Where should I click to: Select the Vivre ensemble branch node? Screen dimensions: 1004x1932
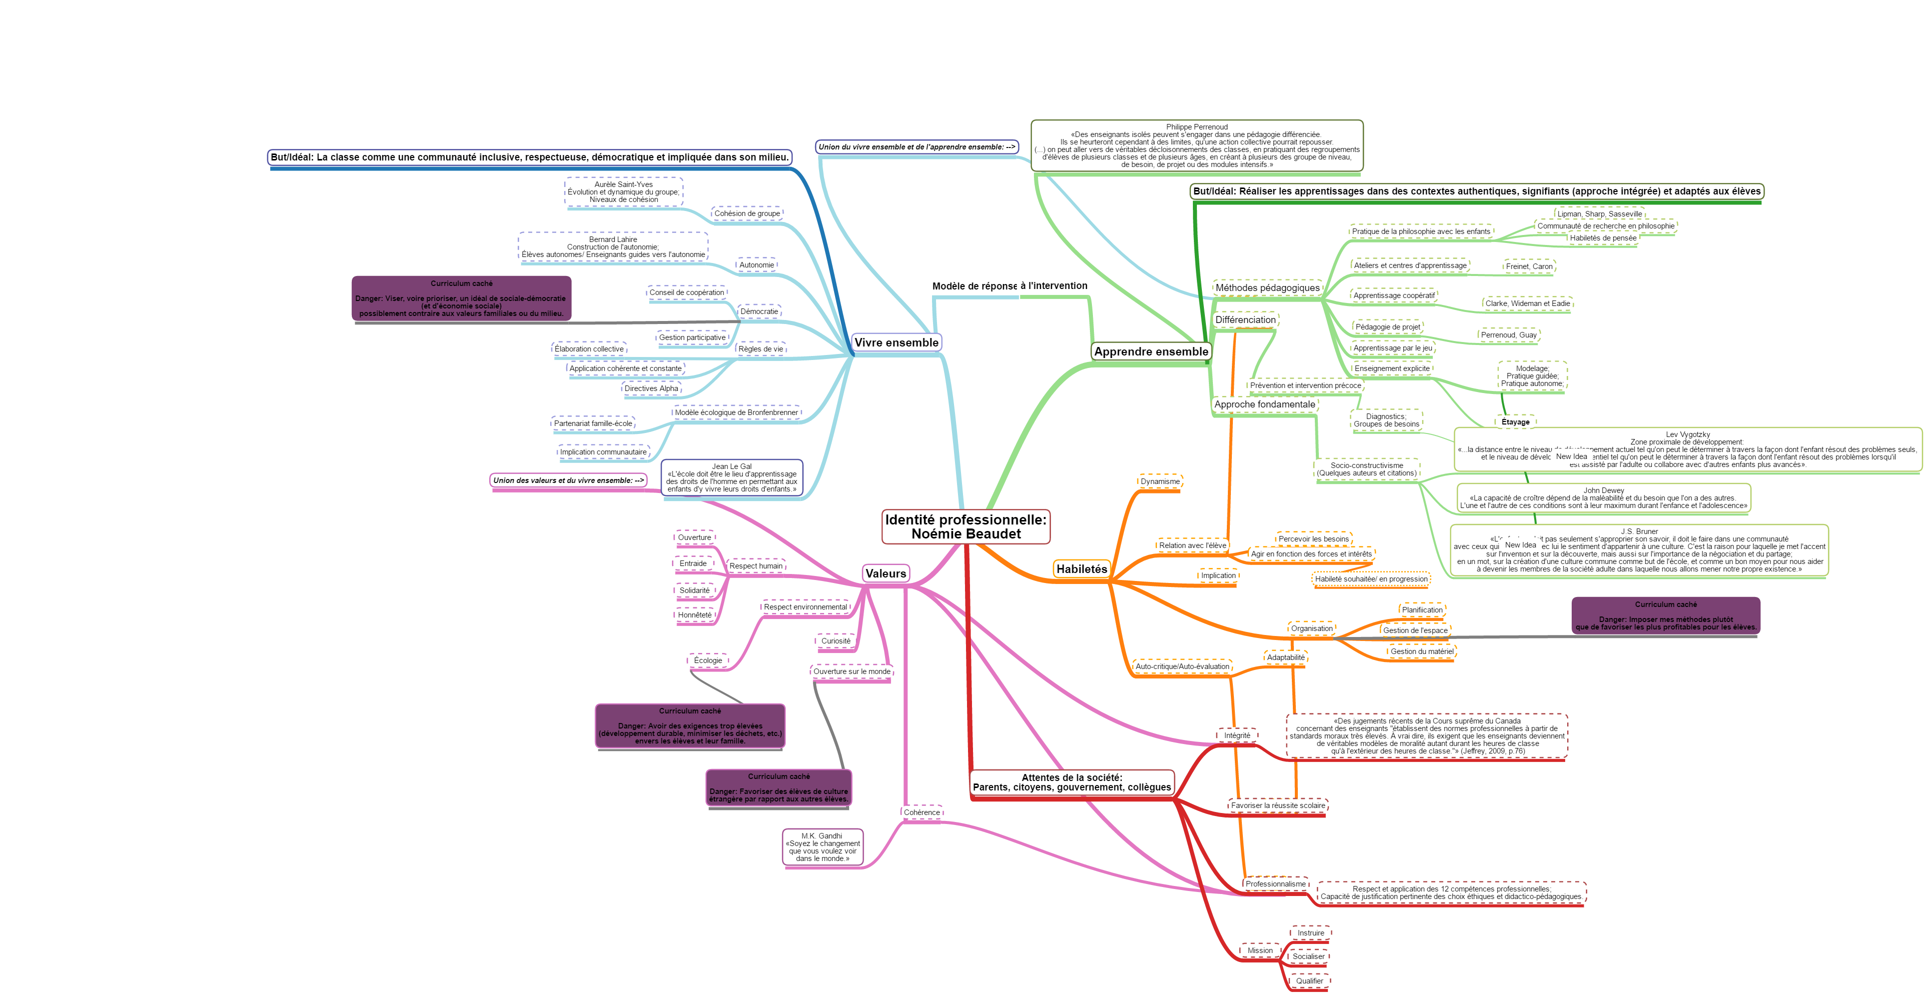896,342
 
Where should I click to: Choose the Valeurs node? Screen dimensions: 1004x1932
885,573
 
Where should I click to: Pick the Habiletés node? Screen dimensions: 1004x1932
1081,569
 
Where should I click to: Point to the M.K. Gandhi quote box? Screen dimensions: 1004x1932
822,847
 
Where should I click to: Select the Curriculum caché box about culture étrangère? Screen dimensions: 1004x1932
779,788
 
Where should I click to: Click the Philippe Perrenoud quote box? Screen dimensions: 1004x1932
1196,145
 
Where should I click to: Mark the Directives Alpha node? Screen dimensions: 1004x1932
651,388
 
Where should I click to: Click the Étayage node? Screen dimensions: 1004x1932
1515,421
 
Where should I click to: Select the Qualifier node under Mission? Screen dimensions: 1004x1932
1309,980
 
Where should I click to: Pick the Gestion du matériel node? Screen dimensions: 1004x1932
1421,651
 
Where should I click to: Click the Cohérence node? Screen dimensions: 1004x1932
921,812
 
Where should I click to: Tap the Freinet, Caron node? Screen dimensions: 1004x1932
1529,266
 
